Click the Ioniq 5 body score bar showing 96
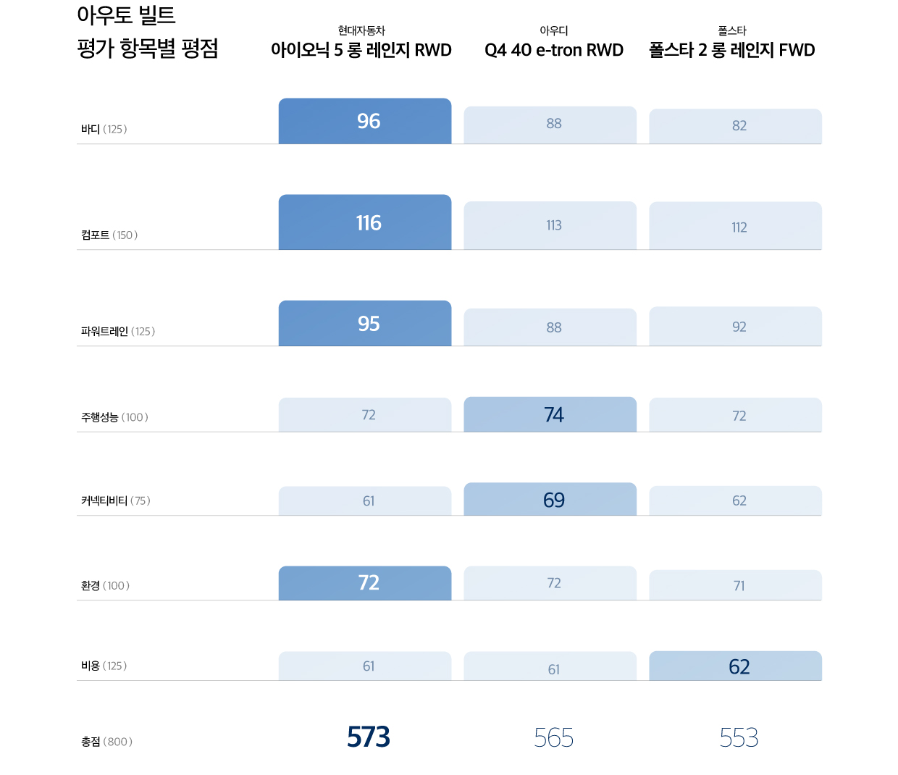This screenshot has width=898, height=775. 365,121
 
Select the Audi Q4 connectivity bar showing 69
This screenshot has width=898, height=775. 550,499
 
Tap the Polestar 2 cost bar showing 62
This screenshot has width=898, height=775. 735,666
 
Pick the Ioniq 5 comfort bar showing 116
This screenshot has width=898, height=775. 365,222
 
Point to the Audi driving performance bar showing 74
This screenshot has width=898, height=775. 550,414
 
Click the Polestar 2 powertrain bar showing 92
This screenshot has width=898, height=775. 735,327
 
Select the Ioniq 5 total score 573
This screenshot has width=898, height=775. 369,737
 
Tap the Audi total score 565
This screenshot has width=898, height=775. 553,738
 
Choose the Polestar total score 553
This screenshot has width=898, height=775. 739,738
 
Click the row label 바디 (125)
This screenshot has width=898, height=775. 104,129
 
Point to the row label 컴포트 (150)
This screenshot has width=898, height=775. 109,235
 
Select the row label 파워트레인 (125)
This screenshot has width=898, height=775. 118,331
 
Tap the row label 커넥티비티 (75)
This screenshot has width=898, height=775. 116,500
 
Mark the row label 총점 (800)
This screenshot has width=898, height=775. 106,742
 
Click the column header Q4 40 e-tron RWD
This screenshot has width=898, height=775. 554,50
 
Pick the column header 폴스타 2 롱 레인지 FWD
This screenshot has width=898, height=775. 732,50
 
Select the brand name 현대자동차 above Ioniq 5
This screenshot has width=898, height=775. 361,30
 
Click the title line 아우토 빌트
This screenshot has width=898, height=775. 126,15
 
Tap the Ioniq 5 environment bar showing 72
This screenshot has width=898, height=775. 365,583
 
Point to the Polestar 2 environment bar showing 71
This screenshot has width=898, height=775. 735,585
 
